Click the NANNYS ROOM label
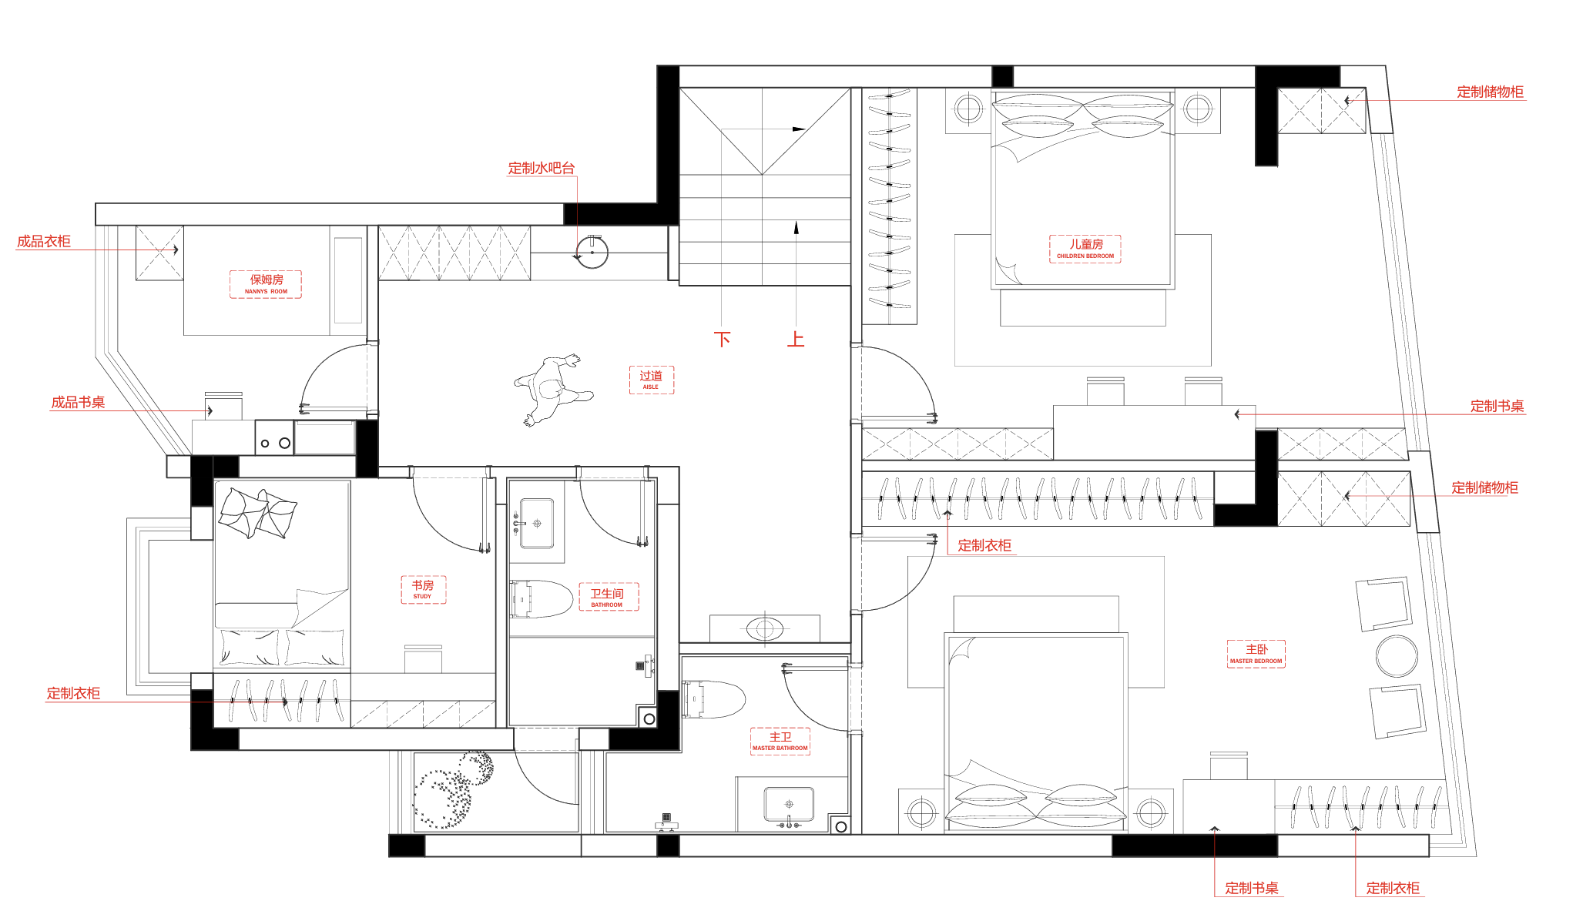(x=266, y=284)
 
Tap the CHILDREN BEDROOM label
(x=1085, y=249)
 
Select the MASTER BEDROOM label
(x=1256, y=654)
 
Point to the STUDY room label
(x=423, y=589)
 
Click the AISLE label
(x=651, y=380)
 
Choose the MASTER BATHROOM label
(x=780, y=741)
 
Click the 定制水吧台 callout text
(x=542, y=168)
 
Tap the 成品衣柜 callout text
(x=44, y=241)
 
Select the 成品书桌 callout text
(x=78, y=402)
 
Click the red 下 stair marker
(x=722, y=339)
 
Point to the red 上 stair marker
(x=796, y=339)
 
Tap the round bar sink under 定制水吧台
(x=592, y=252)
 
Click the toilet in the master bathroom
(x=713, y=699)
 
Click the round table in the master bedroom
(x=1397, y=656)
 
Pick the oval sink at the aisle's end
(x=764, y=628)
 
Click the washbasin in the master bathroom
(x=789, y=805)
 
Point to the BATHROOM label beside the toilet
(x=607, y=597)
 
